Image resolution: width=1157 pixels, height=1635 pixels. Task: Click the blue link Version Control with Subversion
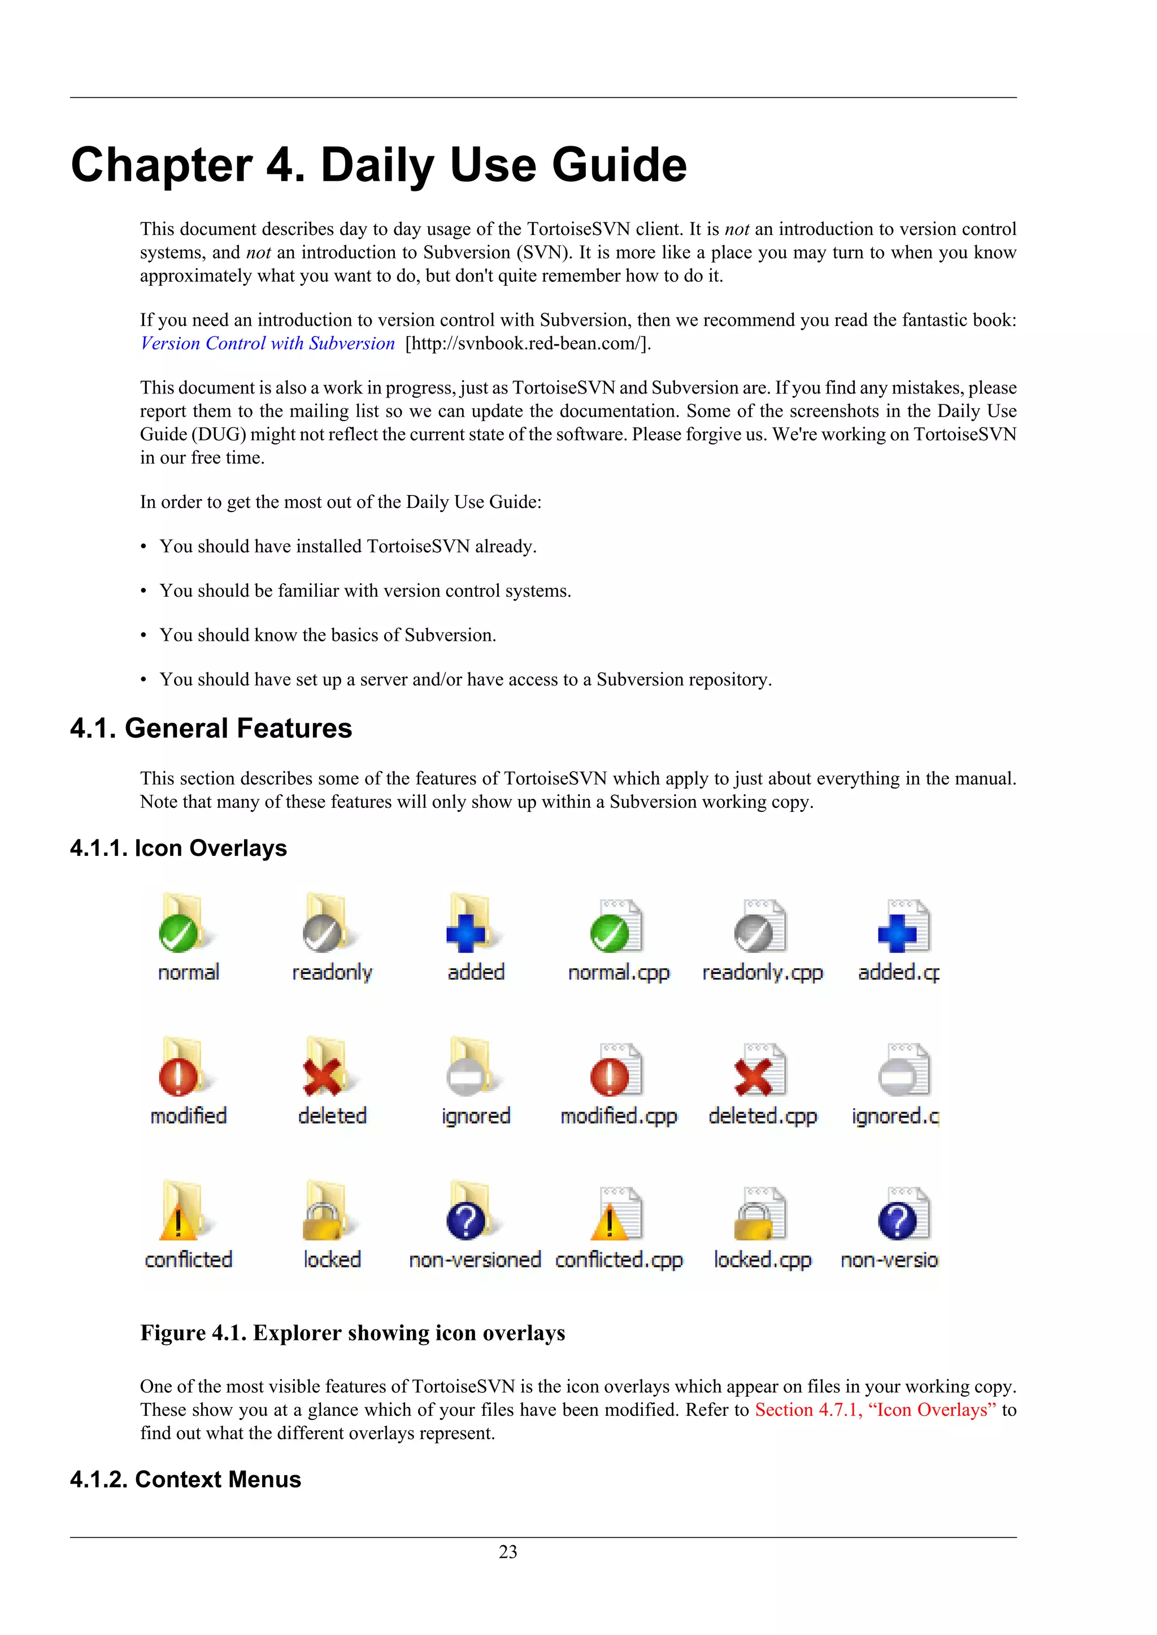point(267,343)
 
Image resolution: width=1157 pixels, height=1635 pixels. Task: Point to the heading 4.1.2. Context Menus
point(185,1479)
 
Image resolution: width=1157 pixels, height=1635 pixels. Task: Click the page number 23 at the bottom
point(507,1551)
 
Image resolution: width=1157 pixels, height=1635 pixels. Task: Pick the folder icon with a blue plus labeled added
point(470,924)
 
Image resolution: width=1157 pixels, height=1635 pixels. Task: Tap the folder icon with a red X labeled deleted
point(327,1068)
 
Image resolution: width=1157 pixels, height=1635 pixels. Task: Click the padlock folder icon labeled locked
point(327,1212)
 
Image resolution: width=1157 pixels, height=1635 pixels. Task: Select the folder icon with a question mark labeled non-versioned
point(470,1212)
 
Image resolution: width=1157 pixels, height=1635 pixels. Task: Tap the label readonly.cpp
point(762,973)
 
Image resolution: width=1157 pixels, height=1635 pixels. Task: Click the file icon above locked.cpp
point(760,1213)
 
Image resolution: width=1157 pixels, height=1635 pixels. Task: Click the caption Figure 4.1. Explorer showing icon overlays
point(353,1333)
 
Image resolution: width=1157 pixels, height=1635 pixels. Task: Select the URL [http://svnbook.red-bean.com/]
point(528,343)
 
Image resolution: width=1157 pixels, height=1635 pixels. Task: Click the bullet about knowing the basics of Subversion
point(328,635)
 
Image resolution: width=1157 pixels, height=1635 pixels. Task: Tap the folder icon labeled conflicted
point(182,1212)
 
